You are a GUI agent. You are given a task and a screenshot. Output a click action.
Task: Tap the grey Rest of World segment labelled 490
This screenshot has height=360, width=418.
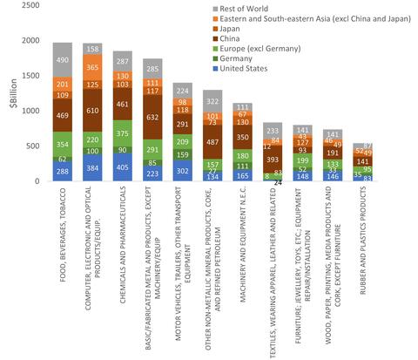pyautogui.click(x=62, y=59)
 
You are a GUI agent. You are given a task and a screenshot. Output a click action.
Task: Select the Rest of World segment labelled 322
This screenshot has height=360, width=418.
pyautogui.click(x=213, y=101)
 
